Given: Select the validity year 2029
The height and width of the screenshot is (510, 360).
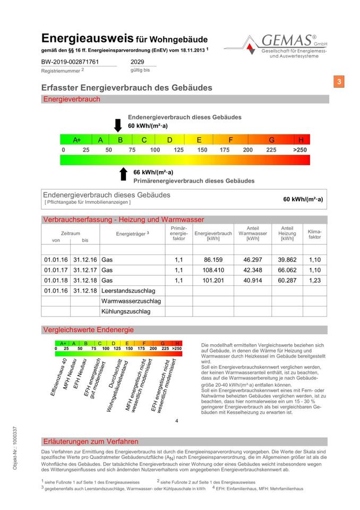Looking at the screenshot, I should click(138, 62).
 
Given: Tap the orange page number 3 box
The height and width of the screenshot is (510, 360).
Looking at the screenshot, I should click(339, 81).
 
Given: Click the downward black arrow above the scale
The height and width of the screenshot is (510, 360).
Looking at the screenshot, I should click(118, 125).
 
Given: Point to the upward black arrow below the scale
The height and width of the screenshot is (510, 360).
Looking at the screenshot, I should click(123, 174).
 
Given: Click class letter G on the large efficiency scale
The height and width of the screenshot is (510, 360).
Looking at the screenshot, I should click(271, 140).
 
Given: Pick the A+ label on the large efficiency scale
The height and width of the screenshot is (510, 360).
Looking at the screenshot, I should click(77, 140).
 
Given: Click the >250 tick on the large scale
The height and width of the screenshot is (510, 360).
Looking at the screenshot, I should click(300, 150).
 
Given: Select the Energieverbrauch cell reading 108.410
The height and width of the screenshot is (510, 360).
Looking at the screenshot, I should click(213, 270).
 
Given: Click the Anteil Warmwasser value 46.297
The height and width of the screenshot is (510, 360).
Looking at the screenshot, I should click(253, 260).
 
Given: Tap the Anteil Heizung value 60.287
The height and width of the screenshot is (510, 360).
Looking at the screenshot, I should click(287, 280).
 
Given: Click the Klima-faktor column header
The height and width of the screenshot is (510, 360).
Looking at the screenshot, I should click(314, 234).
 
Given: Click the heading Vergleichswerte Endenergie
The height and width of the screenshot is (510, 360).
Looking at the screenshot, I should click(88, 330).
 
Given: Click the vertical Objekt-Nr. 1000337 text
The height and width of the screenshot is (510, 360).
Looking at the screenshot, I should click(15, 447).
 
